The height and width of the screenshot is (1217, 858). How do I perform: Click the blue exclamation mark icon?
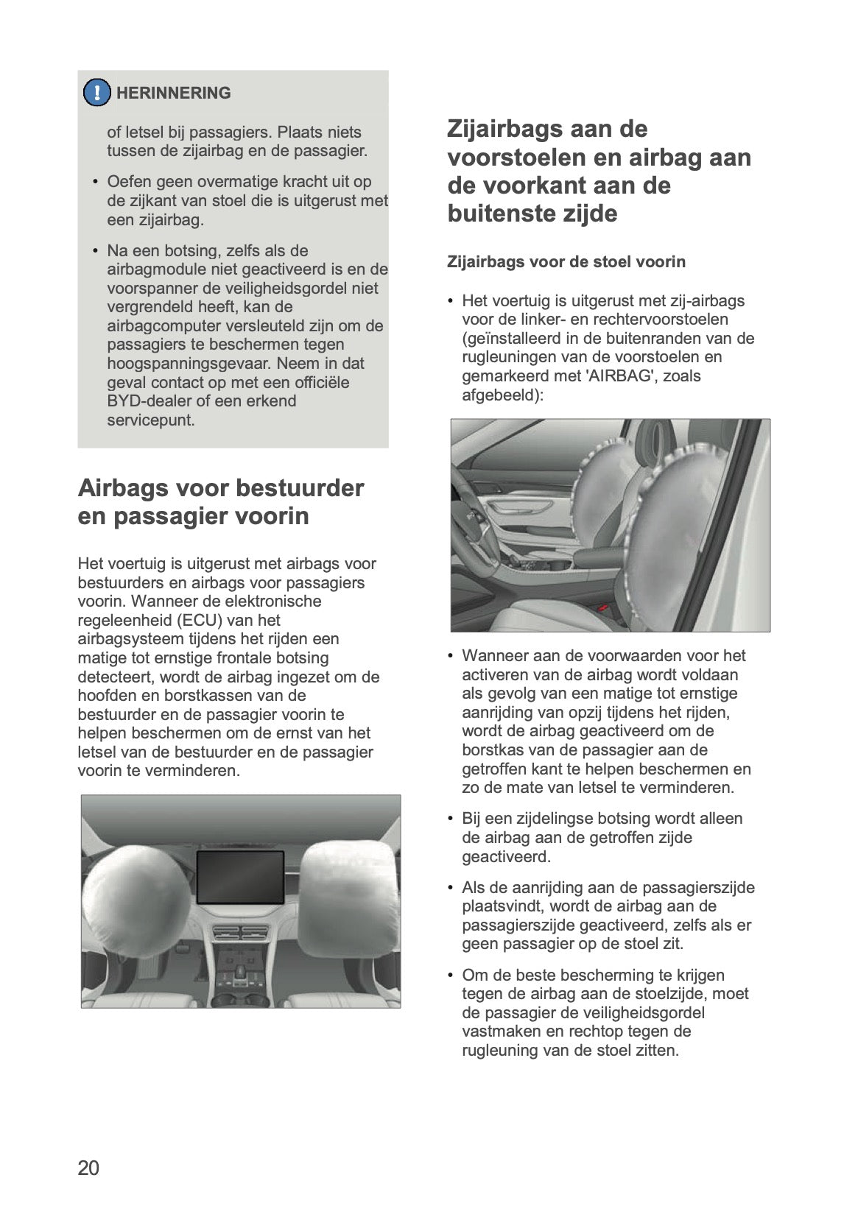[96, 93]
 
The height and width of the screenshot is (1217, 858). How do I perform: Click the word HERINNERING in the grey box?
[173, 94]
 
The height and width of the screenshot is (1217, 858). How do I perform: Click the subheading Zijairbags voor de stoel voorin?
[566, 262]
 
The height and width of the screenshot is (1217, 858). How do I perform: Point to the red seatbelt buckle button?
[602, 608]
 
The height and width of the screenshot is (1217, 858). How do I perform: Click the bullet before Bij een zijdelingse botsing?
[451, 819]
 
